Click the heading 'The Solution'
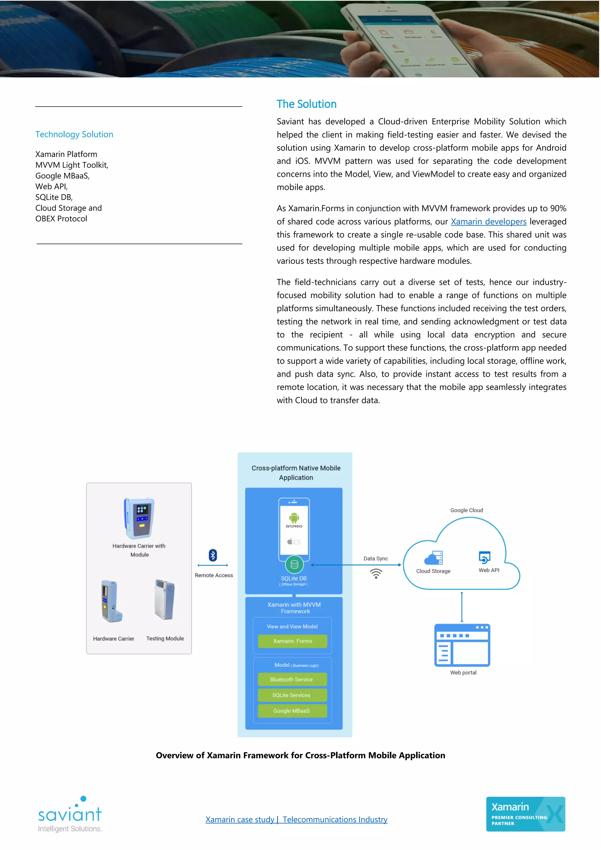click(306, 104)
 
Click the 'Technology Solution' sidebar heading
click(74, 134)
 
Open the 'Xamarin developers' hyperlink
click(488, 221)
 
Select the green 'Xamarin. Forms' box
click(292, 641)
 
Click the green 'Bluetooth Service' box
click(292, 679)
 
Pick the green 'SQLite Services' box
click(292, 695)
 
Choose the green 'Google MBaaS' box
click(292, 711)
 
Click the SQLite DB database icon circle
click(294, 565)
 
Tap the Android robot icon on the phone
click(294, 518)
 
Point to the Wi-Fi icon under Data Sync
click(376, 573)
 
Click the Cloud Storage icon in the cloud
click(433, 558)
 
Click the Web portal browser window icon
click(462, 645)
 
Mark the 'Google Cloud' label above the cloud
click(466, 510)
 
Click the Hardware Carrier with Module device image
click(139, 518)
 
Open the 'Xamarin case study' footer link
click(239, 819)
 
